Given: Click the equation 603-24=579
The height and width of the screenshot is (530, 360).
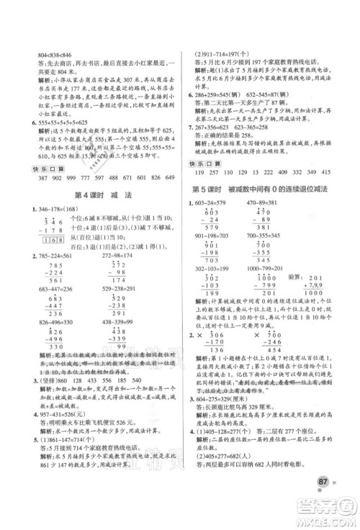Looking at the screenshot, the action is click(215, 202).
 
